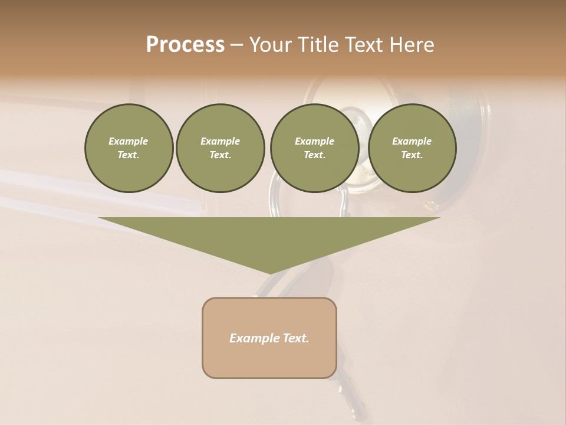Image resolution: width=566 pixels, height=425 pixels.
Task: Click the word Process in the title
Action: coord(185,45)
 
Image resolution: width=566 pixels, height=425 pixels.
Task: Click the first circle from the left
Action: coord(129,148)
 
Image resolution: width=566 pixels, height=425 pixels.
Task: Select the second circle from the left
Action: coord(221,148)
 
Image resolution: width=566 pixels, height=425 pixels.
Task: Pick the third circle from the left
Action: coord(314,148)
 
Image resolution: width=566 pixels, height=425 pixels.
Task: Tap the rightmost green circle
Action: coord(412,148)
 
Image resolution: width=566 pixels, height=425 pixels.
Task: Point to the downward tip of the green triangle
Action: coord(269,273)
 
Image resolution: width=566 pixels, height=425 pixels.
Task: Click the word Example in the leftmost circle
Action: coord(129,141)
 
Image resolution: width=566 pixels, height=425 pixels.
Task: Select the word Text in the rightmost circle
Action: coord(412,155)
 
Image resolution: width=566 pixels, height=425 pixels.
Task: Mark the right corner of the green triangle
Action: coord(439,218)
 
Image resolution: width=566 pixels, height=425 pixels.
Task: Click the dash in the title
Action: coord(236,45)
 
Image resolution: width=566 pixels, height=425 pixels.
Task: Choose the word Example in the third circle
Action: coord(314,141)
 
